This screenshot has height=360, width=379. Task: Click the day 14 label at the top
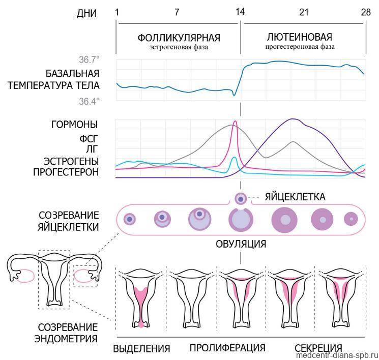240,12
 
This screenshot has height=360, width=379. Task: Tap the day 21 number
304,12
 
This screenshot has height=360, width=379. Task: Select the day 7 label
177,12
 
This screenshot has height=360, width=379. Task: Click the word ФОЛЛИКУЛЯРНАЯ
179,38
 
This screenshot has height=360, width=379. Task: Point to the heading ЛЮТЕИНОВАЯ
300,37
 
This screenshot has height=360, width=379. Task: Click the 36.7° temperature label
89,59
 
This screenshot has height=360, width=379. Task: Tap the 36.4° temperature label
89,101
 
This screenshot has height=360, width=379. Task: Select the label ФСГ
89,139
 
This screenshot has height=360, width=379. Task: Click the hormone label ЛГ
92,149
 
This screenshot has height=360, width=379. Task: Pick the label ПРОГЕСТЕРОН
66,172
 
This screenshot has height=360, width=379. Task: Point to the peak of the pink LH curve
235,121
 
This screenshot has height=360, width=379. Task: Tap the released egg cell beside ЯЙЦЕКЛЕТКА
241,199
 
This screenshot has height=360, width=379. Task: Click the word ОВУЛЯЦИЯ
241,244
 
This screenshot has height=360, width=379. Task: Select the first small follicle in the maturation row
130,219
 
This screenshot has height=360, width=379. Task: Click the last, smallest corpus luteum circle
351,219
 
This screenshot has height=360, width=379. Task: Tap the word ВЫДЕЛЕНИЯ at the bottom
141,348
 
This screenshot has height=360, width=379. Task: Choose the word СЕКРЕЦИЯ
318,348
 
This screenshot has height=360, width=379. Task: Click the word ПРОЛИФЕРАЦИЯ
227,348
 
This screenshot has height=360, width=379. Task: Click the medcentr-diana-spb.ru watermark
337,355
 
